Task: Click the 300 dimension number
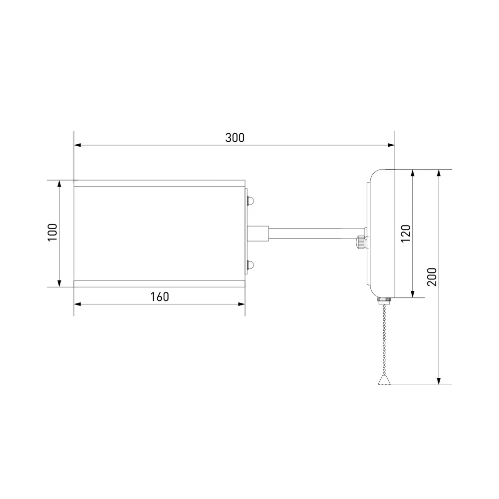click(235, 138)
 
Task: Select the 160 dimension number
click(160, 297)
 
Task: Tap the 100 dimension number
click(52, 233)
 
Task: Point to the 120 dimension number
click(406, 233)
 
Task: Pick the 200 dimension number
click(432, 277)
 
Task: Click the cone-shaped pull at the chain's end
click(384, 380)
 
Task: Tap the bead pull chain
click(384, 339)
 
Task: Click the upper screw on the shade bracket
click(250, 201)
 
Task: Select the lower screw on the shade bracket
click(250, 264)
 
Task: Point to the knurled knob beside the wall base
click(361, 242)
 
